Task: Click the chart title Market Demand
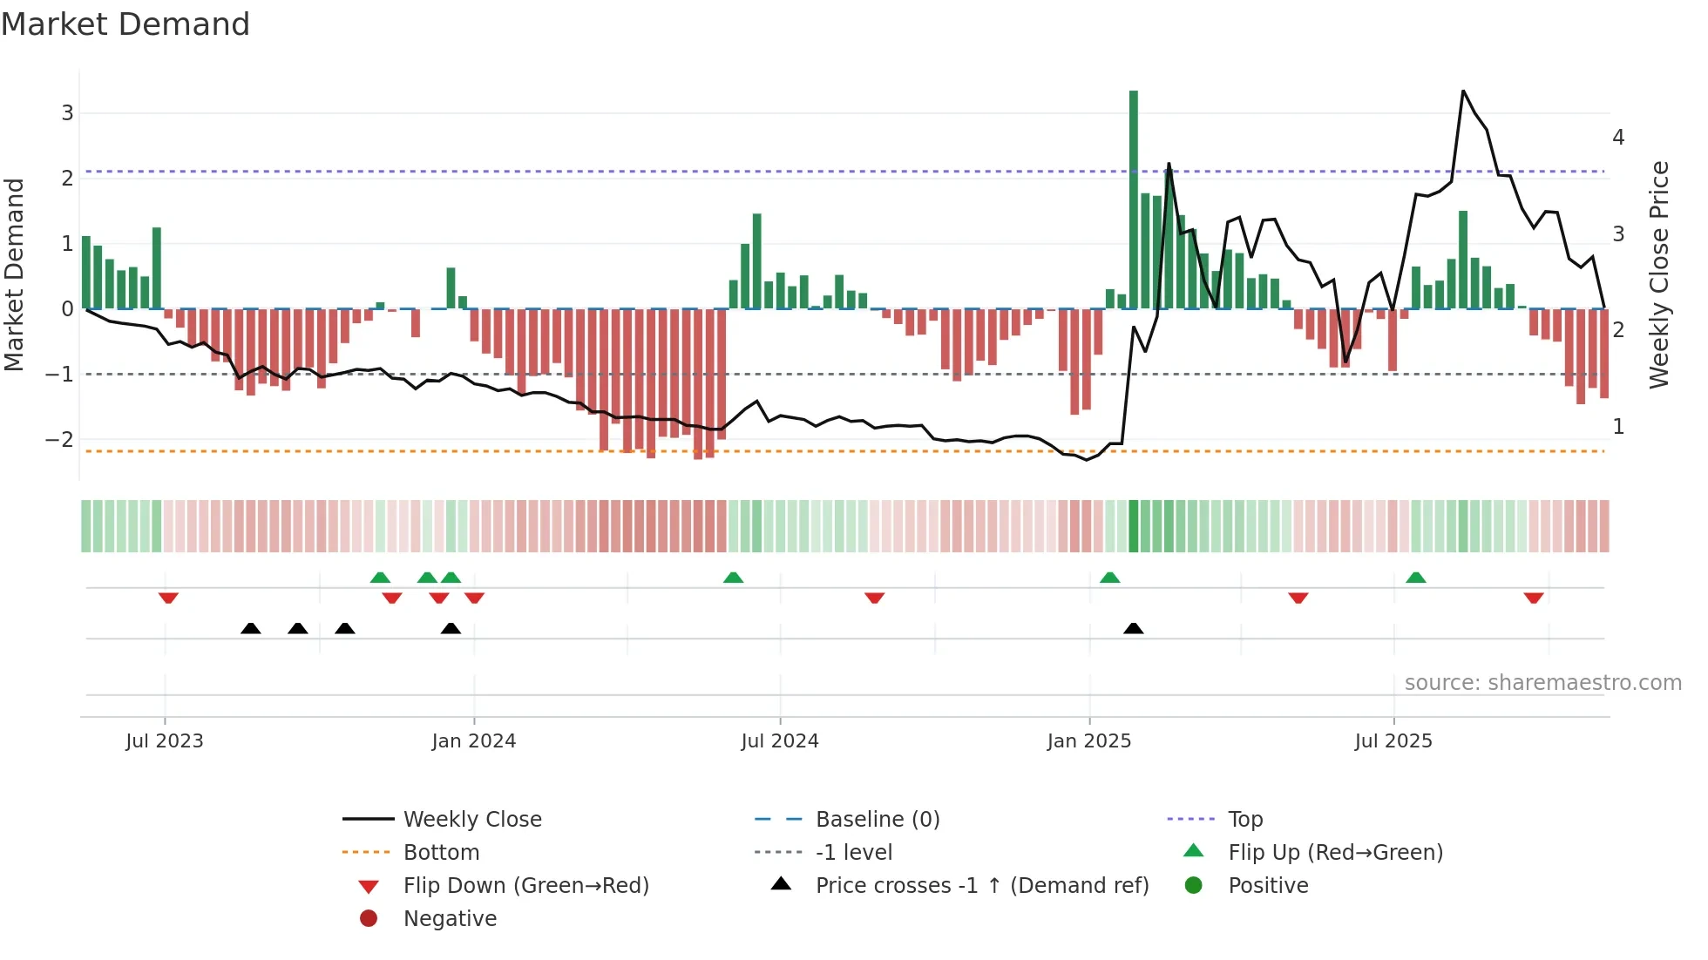125,24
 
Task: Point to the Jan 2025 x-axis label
1088,741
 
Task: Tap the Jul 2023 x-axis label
164,741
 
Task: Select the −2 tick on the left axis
60,440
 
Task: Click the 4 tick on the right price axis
1618,138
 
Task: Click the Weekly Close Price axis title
1658,274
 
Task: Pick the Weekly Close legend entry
471,820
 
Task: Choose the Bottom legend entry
441,853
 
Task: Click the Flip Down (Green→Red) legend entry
525,886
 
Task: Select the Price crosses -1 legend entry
981,886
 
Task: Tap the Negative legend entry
450,919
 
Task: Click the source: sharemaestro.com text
1542,683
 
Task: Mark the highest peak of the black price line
1463,91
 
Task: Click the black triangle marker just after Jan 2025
1133,628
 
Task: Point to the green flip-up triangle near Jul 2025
1416,578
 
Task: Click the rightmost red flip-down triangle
1534,598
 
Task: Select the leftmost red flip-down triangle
168,598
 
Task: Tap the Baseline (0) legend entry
877,820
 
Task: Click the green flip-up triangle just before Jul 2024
734,578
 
